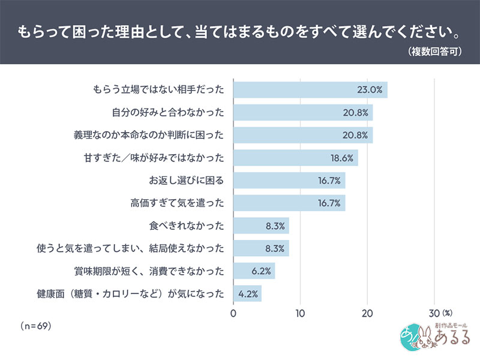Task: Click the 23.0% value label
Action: pos(370,90)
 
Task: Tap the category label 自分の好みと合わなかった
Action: pos(169,113)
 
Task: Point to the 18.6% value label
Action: pos(340,158)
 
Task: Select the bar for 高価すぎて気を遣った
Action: pos(289,203)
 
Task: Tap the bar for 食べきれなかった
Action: pos(260,226)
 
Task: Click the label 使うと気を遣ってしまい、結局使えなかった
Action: pos(131,248)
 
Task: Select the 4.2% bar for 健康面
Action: pos(247,293)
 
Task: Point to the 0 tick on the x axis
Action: pos(233,313)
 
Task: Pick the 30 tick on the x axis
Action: pos(434,313)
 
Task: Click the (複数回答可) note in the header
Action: pos(434,52)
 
